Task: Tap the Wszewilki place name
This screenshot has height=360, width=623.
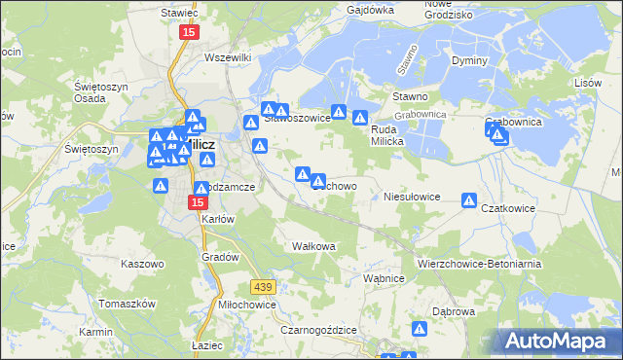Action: [229, 57]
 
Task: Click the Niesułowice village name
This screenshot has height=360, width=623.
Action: [413, 196]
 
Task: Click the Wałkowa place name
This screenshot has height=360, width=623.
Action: [313, 246]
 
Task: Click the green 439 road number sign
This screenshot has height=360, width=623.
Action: [262, 286]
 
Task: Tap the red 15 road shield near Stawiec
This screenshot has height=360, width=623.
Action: [188, 33]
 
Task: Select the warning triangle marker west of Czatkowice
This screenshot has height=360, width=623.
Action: [469, 201]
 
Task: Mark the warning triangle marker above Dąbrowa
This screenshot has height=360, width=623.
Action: [421, 330]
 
